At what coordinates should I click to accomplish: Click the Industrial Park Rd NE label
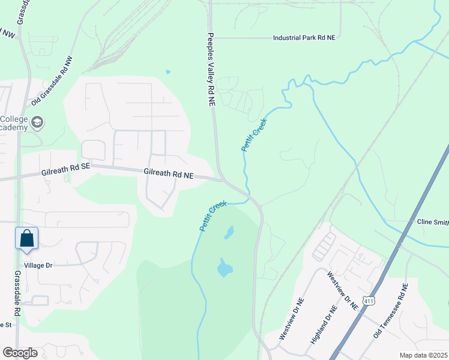pos(304,37)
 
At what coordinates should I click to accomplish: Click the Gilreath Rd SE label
pos(65,171)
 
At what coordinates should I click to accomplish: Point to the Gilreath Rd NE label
pos(169,173)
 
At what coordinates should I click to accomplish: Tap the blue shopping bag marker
pos(27,238)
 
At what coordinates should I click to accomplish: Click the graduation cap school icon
pos(38,123)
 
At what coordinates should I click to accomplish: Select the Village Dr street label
pos(39,265)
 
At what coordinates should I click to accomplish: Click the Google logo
pos(20,353)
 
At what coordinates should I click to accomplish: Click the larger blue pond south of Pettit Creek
pos(224,268)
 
